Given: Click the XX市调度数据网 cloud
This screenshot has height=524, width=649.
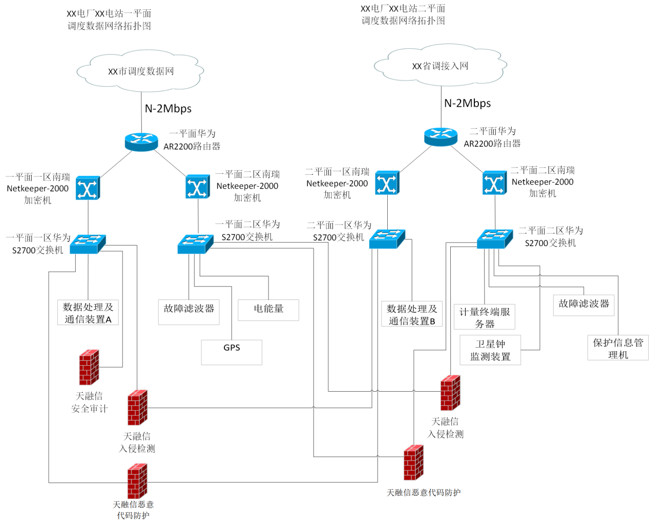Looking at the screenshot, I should [141, 71].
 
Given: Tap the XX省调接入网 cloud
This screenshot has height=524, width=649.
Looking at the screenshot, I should [441, 66].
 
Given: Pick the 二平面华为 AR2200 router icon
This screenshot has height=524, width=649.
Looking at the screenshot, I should [441, 136].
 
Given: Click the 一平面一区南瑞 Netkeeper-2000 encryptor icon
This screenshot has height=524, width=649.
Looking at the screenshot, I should [88, 188].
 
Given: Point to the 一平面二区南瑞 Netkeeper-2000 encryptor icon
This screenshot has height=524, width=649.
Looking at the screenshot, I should [197, 187].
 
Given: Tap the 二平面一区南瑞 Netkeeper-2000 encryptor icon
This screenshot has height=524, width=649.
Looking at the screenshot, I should [387, 183].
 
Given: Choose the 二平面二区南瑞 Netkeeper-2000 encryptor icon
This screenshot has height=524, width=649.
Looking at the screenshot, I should [494, 183].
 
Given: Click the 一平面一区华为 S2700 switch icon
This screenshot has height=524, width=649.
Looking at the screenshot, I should [88, 244].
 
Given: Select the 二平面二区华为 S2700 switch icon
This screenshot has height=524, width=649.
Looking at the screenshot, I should [494, 239].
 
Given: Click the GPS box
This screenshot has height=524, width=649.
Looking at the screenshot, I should [232, 352].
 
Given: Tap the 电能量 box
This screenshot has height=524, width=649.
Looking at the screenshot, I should [268, 310].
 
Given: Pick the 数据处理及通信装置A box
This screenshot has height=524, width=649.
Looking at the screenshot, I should [88, 312].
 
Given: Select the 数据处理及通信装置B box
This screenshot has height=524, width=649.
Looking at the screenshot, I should [412, 314].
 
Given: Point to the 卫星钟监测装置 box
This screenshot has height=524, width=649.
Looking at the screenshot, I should [490, 350].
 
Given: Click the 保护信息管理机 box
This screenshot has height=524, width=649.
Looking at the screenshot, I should [618, 348].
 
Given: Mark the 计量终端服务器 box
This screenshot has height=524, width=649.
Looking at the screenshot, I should [485, 317].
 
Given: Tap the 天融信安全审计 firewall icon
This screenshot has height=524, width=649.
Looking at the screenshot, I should [89, 367].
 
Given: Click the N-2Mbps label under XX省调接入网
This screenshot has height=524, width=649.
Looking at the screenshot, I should [467, 103].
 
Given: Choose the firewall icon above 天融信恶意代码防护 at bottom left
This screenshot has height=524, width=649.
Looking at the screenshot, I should [137, 481].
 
